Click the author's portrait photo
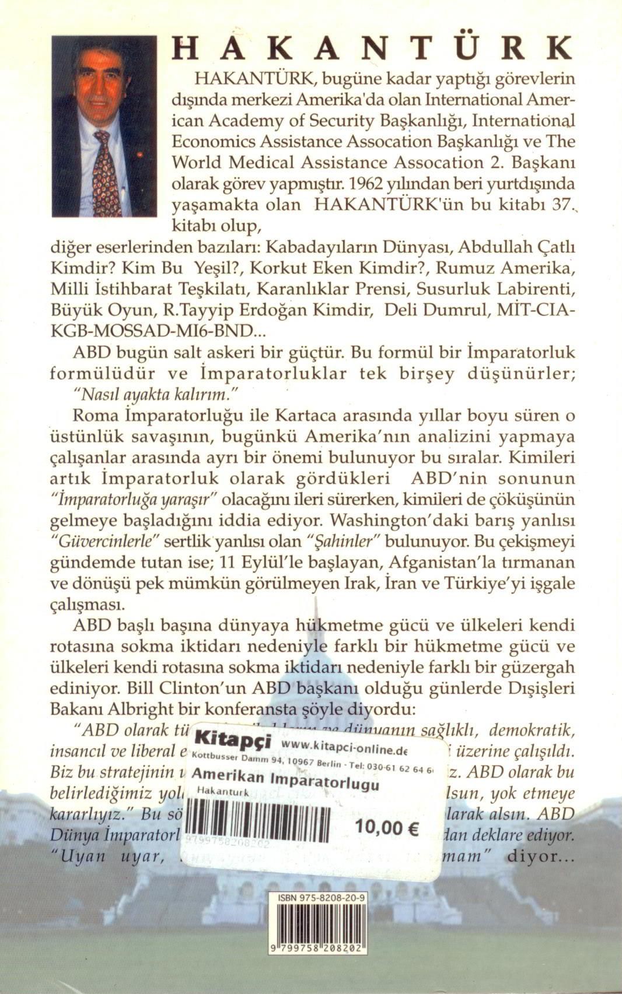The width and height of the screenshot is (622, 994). [x=104, y=126]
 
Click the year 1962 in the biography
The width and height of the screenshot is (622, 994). [x=368, y=184]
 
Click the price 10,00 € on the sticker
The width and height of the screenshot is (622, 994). [x=387, y=828]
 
